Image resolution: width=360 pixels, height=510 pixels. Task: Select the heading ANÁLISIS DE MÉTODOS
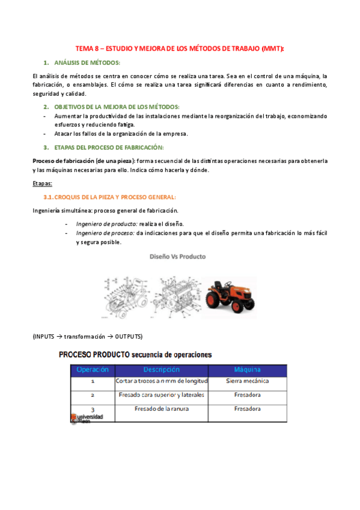pos(87,63)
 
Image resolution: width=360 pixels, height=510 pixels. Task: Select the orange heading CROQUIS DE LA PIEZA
pos(114,197)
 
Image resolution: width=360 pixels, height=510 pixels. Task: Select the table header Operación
pos(93,369)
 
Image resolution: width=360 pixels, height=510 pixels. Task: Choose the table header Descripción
pos(161,369)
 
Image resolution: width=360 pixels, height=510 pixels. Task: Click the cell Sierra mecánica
pos(247,381)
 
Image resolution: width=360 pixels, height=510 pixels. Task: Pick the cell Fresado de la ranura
pos(161,409)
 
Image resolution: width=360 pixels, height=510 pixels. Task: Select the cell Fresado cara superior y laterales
pos(161,395)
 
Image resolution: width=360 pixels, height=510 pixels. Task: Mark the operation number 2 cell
pos(93,396)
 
